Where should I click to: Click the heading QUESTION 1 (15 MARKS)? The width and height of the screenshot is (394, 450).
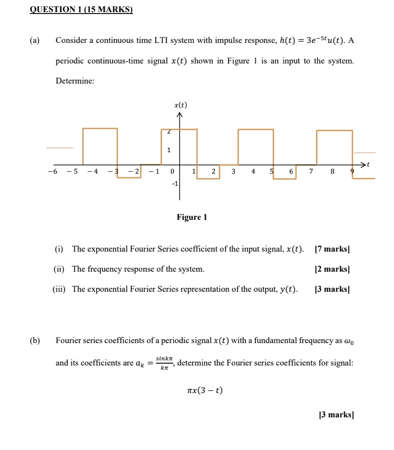click(81, 9)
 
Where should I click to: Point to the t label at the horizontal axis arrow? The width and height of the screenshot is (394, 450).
click(368, 164)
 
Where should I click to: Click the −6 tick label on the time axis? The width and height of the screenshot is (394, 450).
click(52, 171)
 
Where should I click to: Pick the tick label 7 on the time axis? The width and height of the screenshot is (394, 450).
click(311, 171)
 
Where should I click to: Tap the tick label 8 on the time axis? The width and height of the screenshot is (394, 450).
click(332, 171)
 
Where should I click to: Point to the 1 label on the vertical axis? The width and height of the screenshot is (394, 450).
click(169, 150)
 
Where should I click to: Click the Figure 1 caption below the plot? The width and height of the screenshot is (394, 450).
click(191, 217)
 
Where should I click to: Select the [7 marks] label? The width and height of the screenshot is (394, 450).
click(332, 249)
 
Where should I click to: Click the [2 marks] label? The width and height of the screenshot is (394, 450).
click(332, 269)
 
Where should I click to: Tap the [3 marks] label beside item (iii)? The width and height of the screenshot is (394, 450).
click(332, 289)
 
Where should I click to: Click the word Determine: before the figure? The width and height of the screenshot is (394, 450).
click(75, 81)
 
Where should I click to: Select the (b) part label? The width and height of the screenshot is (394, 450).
click(35, 340)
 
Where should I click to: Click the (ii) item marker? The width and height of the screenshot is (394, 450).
click(60, 269)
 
